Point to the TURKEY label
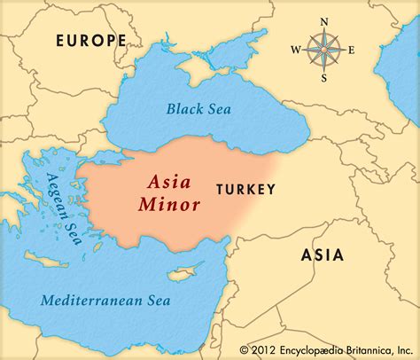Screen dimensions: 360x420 [x=245, y=189]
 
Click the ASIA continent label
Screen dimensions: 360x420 [x=322, y=255]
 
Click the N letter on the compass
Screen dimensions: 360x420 [x=323, y=21]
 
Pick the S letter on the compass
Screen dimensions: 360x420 [x=323, y=78]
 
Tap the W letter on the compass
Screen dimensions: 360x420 [x=295, y=50]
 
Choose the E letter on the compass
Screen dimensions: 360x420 [x=351, y=50]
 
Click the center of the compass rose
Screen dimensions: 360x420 [x=323, y=50]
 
